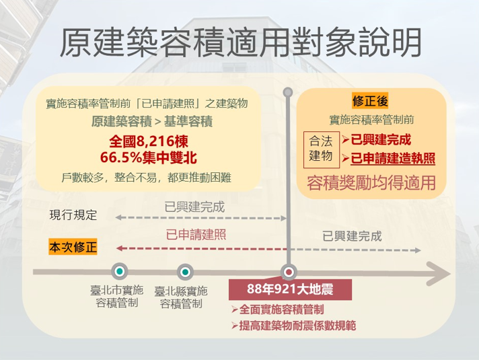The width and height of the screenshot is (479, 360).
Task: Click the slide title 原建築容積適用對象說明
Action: tap(241, 42)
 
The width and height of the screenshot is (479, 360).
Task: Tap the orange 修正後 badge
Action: tap(370, 100)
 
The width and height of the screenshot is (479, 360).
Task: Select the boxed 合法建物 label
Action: tap(322, 149)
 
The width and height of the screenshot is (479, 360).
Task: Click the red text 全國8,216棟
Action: tap(149, 141)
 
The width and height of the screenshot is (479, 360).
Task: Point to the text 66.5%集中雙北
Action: tap(149, 157)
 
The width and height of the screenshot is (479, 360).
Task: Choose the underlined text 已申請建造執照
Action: tap(393, 159)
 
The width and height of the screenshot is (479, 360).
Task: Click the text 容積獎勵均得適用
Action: tap(371, 183)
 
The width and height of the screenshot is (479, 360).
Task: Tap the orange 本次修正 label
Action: tap(73, 247)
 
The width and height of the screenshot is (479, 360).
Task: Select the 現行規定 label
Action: tap(73, 215)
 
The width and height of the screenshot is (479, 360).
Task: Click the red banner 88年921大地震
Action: tap(290, 289)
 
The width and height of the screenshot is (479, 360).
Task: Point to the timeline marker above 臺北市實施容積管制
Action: tap(120, 271)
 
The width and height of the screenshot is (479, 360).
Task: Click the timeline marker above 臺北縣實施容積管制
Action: tap(185, 272)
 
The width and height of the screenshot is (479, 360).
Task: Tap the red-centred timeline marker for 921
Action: tap(289, 272)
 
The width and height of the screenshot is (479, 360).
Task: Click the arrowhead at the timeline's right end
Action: tap(439, 273)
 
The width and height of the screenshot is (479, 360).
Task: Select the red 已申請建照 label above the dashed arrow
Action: tap(196, 235)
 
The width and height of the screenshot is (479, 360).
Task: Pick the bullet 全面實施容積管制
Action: tap(277, 310)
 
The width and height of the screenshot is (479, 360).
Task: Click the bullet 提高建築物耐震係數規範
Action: tap(293, 326)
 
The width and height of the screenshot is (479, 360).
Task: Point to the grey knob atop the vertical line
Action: tap(288, 92)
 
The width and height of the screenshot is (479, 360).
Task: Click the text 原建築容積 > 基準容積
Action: tap(152, 121)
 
